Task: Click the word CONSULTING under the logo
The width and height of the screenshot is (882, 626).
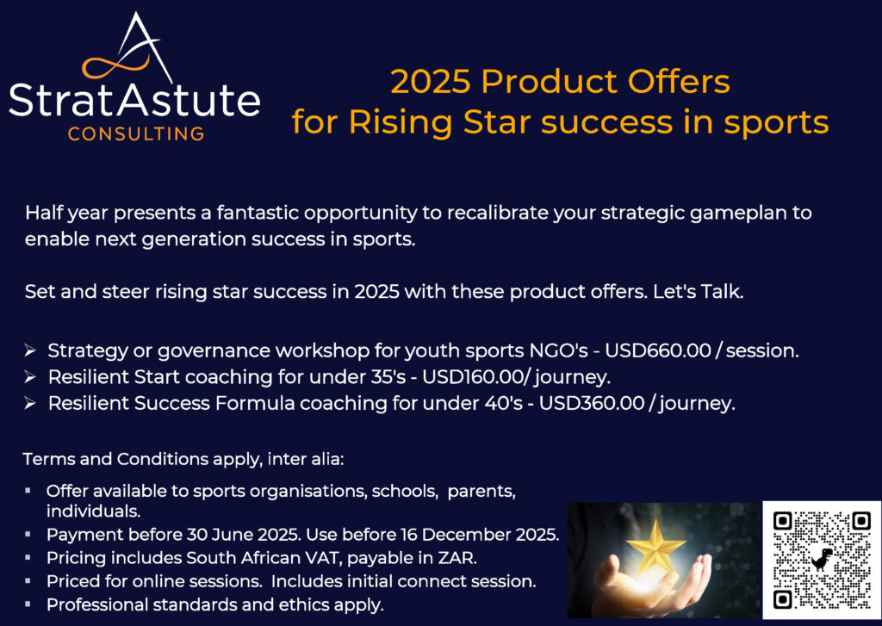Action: click(x=135, y=133)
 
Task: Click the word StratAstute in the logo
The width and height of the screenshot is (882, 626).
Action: click(x=134, y=101)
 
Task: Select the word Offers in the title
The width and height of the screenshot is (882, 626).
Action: click(x=679, y=82)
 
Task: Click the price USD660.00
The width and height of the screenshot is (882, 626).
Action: click(x=657, y=350)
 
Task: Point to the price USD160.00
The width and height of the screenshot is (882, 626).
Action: click(x=473, y=377)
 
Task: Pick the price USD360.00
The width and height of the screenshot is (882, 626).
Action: click(x=591, y=403)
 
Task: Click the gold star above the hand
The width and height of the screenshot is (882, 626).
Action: click(x=655, y=546)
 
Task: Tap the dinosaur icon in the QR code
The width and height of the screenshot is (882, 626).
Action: click(x=822, y=560)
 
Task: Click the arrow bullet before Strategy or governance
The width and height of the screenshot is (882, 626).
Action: click(x=30, y=351)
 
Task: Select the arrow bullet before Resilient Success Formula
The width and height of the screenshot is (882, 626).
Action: click(x=30, y=404)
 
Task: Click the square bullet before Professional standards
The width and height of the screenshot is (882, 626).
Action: click(x=28, y=604)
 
